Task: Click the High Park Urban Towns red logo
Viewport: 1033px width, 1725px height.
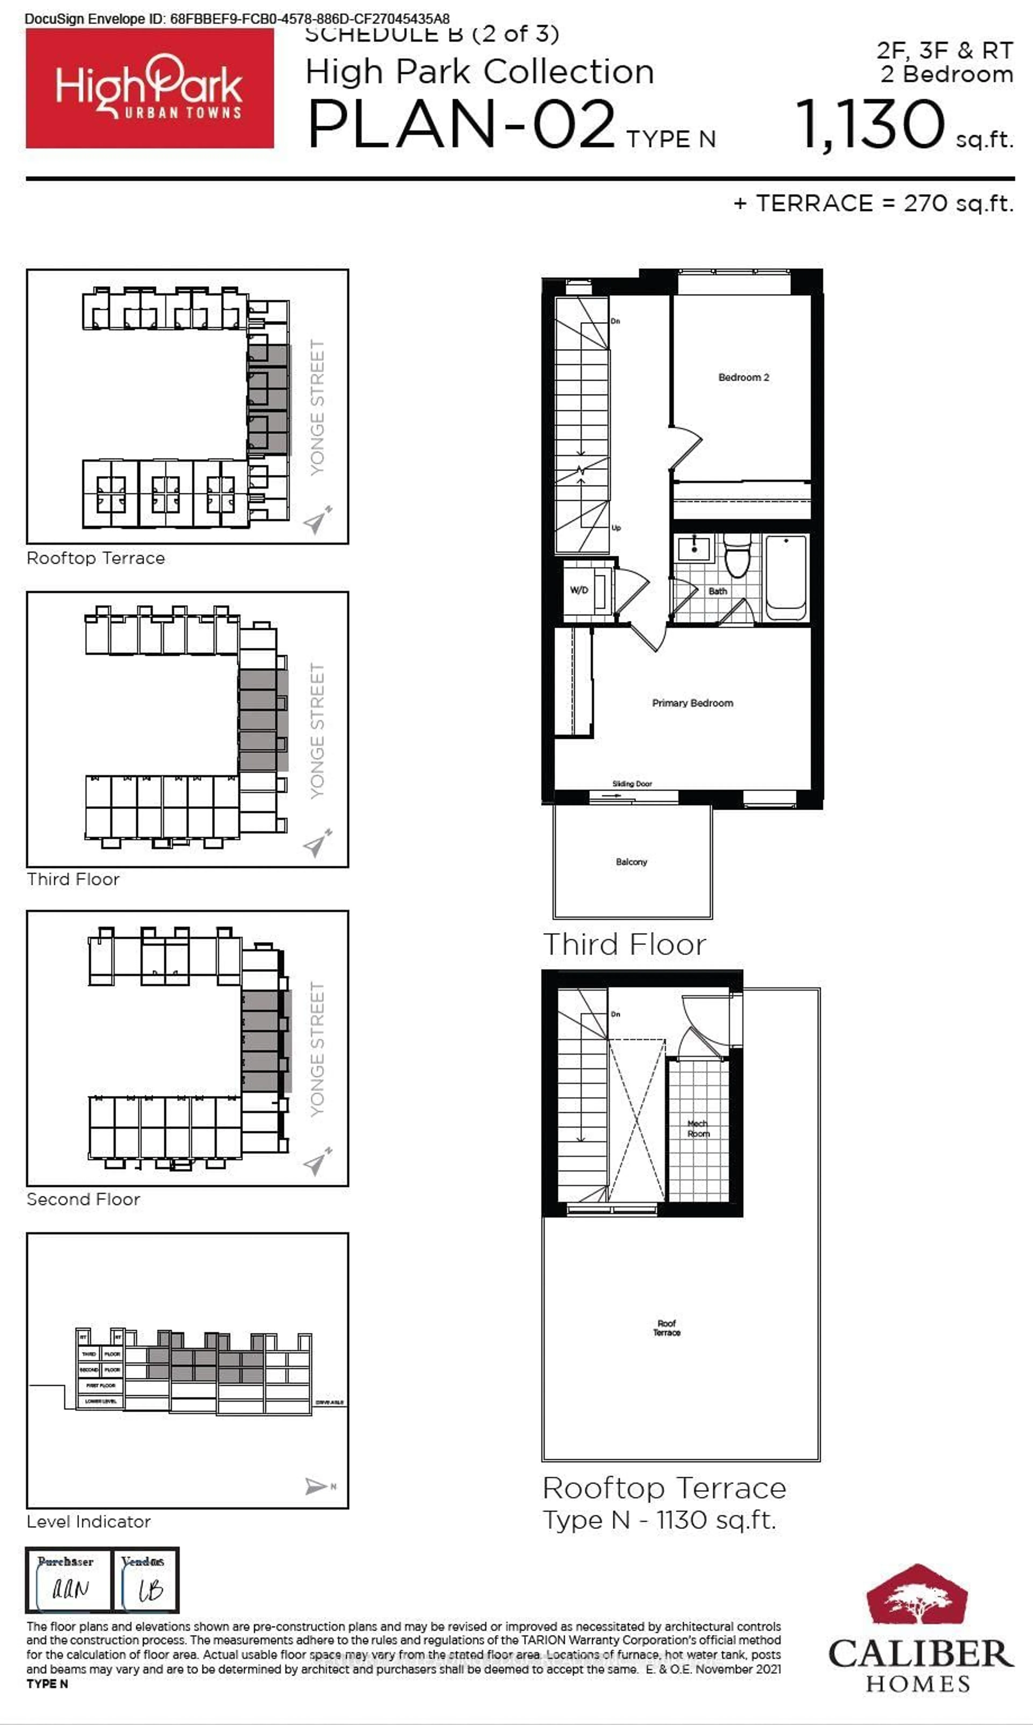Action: (x=150, y=89)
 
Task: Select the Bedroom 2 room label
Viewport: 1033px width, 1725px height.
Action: (x=744, y=377)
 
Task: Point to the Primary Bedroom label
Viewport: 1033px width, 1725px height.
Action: (x=692, y=703)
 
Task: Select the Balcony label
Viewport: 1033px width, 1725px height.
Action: (x=631, y=862)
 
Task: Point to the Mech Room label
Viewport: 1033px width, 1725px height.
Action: (x=698, y=1128)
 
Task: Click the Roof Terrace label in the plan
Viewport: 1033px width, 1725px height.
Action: (x=666, y=1328)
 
